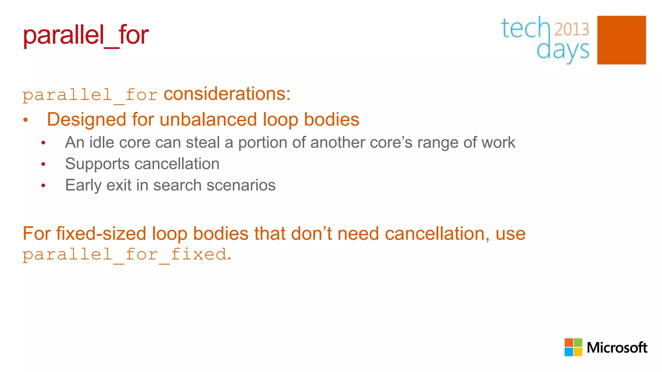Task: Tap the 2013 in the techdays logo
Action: (x=571, y=29)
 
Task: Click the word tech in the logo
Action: (x=525, y=28)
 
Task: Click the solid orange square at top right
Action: (x=621, y=40)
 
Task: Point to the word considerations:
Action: (x=227, y=94)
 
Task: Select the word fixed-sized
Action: (x=101, y=233)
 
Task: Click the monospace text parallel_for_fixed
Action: (x=124, y=254)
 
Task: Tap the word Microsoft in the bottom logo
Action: (x=617, y=347)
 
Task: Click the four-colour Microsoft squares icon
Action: (x=573, y=347)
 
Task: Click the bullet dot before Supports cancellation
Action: (x=43, y=164)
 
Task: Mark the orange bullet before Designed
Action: (x=26, y=120)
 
